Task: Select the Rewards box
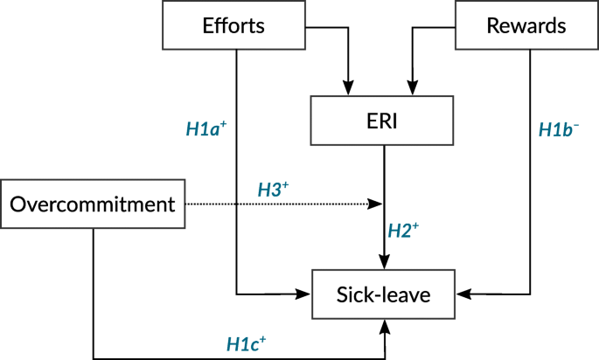point(525,25)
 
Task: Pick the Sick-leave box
point(384,294)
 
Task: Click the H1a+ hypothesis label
point(206,129)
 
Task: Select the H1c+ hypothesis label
point(247,343)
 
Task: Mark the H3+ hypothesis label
point(273,189)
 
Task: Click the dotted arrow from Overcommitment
point(280,205)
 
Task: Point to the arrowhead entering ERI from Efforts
point(348,88)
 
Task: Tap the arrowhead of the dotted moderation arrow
point(378,205)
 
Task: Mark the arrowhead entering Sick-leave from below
point(384,325)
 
